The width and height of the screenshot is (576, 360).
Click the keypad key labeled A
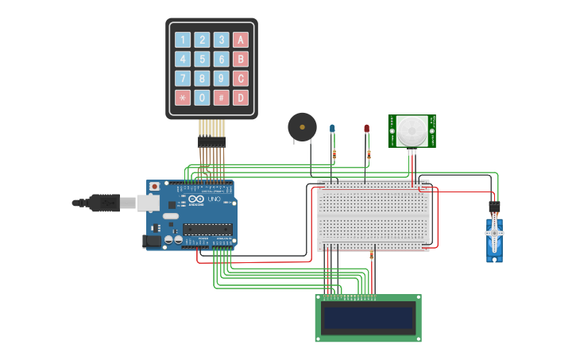pyautogui.click(x=240, y=40)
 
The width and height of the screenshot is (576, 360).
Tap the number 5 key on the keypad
pyautogui.click(x=202, y=59)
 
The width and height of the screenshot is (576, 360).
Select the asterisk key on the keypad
pyautogui.click(x=183, y=98)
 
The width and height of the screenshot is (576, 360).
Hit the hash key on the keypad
pyautogui.click(x=221, y=98)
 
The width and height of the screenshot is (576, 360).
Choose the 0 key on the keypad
pyautogui.click(x=202, y=98)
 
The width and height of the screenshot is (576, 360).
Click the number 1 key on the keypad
pyautogui.click(x=183, y=40)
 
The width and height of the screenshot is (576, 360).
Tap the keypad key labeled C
pyautogui.click(x=240, y=78)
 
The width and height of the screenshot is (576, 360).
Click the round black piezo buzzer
pyautogui.click(x=302, y=126)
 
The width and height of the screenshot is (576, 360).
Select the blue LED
pyautogui.click(x=333, y=129)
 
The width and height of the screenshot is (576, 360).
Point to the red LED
pyautogui.click(x=366, y=129)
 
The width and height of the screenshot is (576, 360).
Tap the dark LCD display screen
pyautogui.click(x=368, y=319)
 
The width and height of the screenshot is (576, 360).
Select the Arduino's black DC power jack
pyautogui.click(x=151, y=240)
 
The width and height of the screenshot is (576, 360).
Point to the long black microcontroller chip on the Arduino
pyautogui.click(x=208, y=229)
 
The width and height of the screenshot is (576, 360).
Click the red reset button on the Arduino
pyautogui.click(x=153, y=186)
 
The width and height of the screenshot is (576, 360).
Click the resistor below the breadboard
pyautogui.click(x=371, y=256)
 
